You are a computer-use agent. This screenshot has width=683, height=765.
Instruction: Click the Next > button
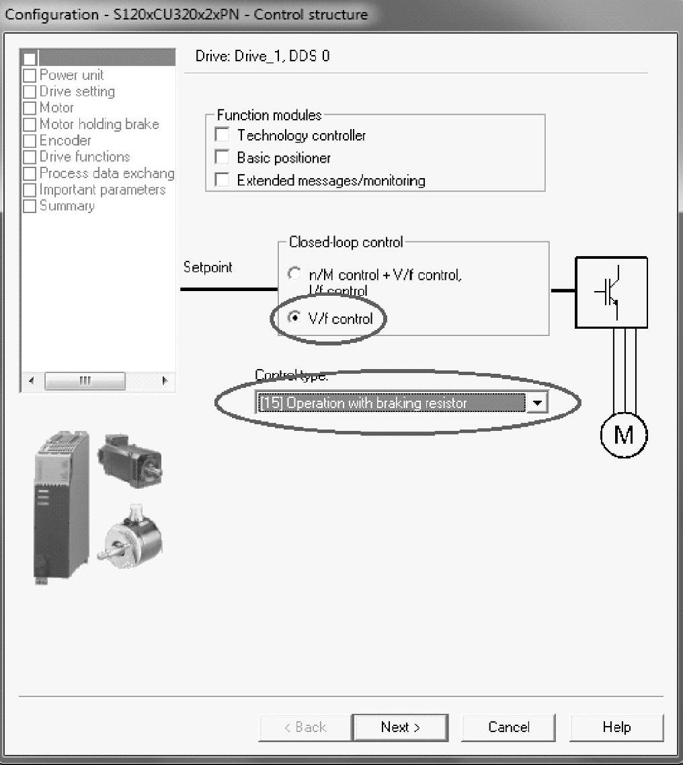[400, 727]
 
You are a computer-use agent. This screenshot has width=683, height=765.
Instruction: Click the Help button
[616, 727]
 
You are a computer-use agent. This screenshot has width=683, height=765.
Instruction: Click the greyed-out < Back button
[305, 727]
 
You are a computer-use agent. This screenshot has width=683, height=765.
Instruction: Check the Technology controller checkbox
[222, 135]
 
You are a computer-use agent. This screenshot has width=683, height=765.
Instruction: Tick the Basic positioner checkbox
[222, 157]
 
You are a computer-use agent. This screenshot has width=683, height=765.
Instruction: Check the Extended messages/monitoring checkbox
[222, 179]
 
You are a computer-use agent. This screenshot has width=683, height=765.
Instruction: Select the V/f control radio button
[294, 318]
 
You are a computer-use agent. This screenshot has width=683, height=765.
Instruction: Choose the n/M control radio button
[294, 274]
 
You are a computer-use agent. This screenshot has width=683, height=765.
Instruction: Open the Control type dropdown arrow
[536, 403]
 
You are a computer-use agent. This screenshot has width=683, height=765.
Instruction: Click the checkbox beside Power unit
[30, 75]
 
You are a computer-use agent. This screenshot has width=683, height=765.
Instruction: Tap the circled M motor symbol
[623, 435]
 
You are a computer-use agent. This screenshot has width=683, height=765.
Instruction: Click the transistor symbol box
[611, 292]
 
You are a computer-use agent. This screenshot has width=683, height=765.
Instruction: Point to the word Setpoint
[208, 267]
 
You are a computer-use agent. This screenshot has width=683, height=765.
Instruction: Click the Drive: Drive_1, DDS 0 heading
[262, 56]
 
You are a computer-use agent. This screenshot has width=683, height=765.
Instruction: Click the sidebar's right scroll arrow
[165, 381]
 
